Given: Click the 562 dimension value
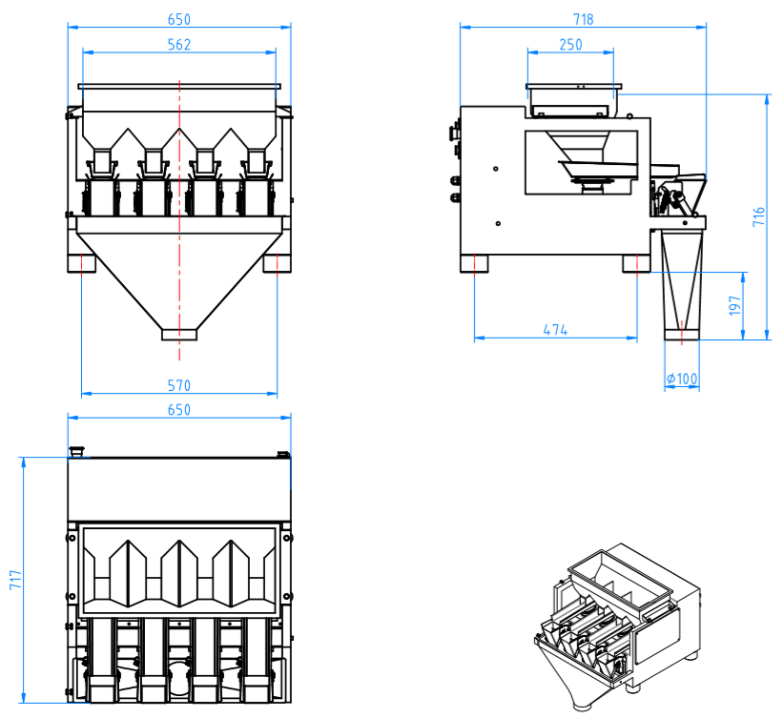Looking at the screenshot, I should [179, 44].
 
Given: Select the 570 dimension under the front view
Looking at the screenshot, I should [179, 385].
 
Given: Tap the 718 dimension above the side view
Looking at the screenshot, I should [584, 19].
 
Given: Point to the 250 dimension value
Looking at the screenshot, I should [570, 44].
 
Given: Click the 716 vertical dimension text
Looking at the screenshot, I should [758, 216].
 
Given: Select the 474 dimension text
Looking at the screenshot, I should [555, 330].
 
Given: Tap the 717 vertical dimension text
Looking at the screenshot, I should [14, 581].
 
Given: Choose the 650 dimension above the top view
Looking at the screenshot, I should [179, 409].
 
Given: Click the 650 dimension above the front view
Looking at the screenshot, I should [179, 19].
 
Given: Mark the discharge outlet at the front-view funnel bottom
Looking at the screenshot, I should [178, 335].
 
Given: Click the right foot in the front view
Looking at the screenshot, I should [278, 262].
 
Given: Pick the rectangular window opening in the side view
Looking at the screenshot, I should [580, 162].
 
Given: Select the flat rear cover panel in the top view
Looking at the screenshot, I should [178, 488].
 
